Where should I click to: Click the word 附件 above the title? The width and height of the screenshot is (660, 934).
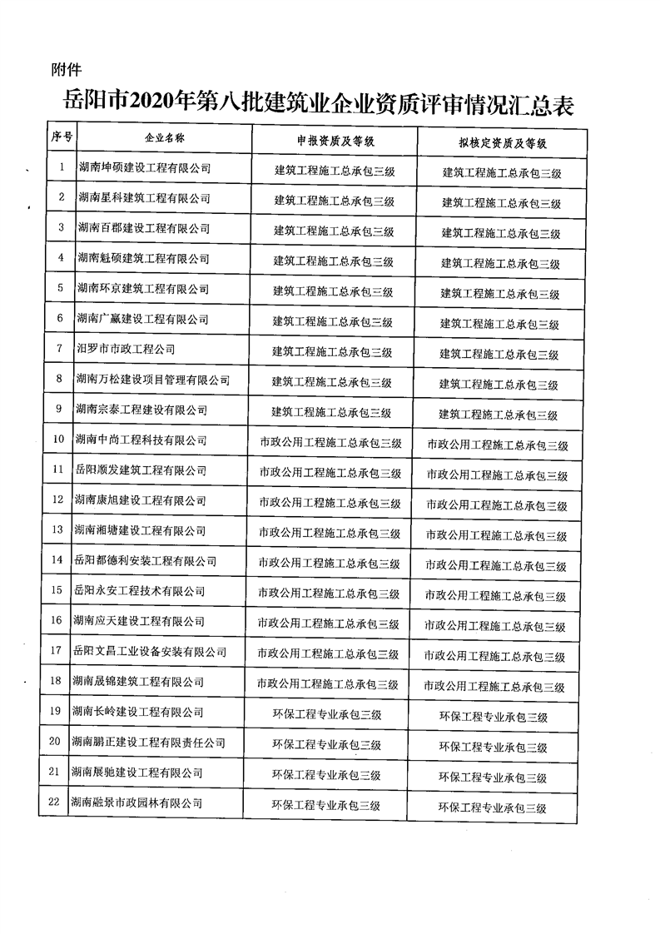pyautogui.click(x=65, y=69)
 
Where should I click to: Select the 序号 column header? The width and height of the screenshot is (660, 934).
pyautogui.click(x=62, y=137)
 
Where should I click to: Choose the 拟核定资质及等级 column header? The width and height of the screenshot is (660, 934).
pyautogui.click(x=502, y=143)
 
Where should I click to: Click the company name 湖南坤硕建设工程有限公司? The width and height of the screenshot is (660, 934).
pyautogui.click(x=143, y=168)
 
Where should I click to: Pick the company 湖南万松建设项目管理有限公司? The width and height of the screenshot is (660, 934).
pyautogui.click(x=152, y=380)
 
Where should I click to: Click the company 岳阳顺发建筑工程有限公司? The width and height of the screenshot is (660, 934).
pyautogui.click(x=141, y=470)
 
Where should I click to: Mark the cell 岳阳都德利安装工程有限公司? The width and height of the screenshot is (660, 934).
pyautogui.click(x=146, y=560)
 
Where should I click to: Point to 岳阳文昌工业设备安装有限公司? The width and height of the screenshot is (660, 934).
pyautogui.click(x=149, y=651)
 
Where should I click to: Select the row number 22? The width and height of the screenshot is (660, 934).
pyautogui.click(x=54, y=802)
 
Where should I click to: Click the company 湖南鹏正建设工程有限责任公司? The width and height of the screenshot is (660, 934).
pyautogui.click(x=148, y=742)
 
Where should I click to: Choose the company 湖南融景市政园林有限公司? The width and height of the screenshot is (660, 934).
pyautogui.click(x=137, y=802)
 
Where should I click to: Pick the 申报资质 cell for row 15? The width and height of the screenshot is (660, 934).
pyautogui.click(x=329, y=594)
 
